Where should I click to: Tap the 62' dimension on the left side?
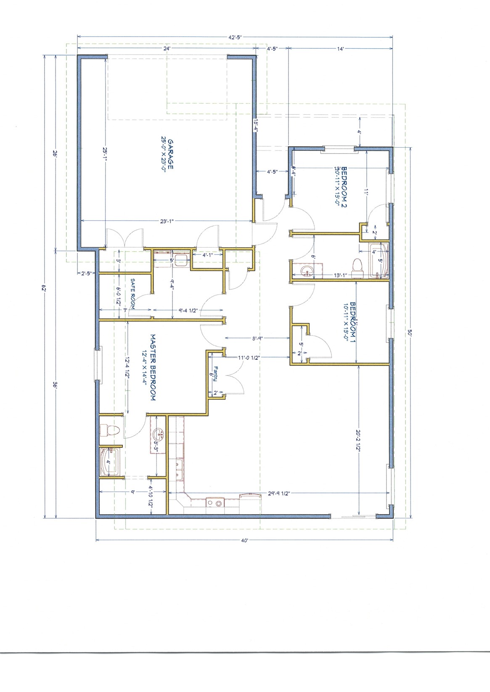point(43,288)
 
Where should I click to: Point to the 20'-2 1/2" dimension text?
point(358,440)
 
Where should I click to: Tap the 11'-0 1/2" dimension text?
point(249,358)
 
